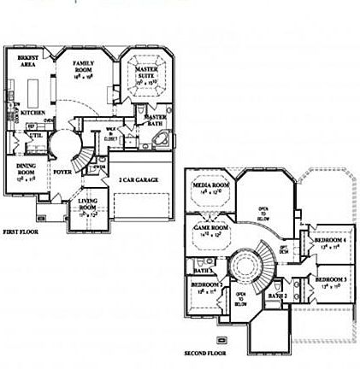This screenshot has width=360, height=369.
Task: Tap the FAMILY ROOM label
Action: (x=83, y=64)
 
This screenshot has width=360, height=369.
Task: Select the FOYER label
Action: (x=62, y=171)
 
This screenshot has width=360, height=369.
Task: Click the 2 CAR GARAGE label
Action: (x=139, y=182)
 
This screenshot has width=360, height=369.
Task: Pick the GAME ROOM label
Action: (x=209, y=228)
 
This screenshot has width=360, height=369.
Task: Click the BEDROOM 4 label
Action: (x=330, y=242)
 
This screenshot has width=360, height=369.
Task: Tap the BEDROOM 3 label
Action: (x=330, y=281)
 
